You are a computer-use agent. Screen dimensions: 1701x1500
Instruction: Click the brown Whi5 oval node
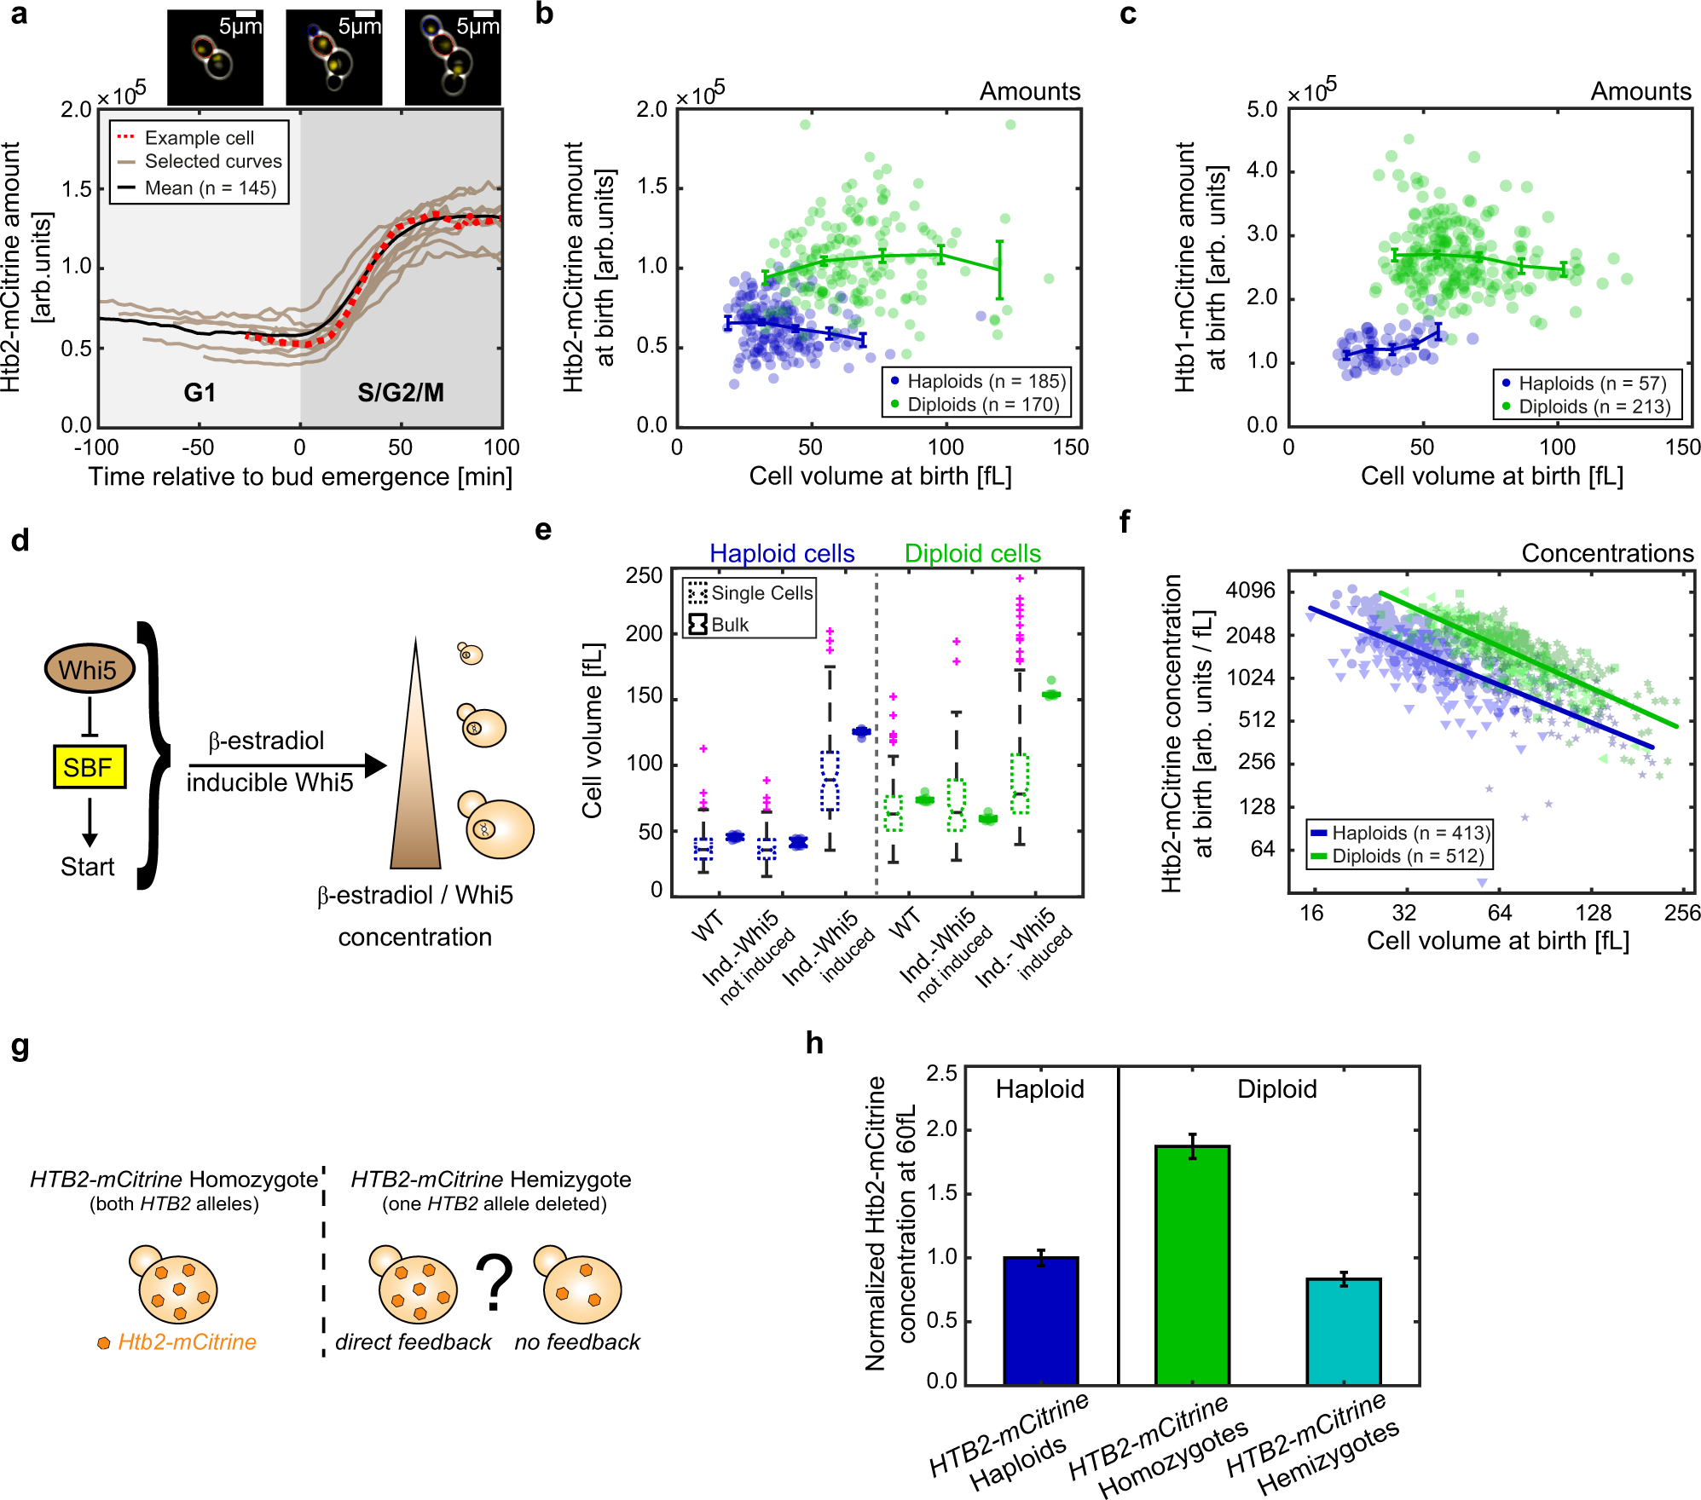(x=90, y=669)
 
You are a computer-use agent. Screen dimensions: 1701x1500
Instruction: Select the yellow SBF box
(x=90, y=767)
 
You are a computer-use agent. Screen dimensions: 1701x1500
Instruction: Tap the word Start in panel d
(x=87, y=867)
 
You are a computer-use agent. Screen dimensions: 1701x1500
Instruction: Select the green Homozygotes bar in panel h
(x=1192, y=1266)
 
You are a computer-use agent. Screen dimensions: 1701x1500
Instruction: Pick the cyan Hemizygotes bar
(x=1344, y=1332)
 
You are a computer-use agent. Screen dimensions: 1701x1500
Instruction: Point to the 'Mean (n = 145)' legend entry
(x=198, y=187)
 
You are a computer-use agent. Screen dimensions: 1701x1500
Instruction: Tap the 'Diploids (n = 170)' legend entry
(x=975, y=405)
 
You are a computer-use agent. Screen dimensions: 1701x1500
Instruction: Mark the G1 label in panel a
(x=200, y=393)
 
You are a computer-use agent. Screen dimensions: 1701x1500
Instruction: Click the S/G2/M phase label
(x=401, y=393)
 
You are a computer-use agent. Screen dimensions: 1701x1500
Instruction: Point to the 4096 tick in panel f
(x=1251, y=591)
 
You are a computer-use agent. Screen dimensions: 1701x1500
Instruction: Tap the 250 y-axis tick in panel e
(x=645, y=576)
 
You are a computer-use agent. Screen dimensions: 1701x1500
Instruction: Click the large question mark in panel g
(x=495, y=1283)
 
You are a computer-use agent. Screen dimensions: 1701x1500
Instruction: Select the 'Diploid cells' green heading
(x=973, y=554)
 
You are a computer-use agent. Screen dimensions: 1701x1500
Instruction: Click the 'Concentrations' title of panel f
(x=1607, y=554)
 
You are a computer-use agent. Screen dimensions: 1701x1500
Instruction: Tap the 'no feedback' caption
(x=577, y=1342)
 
